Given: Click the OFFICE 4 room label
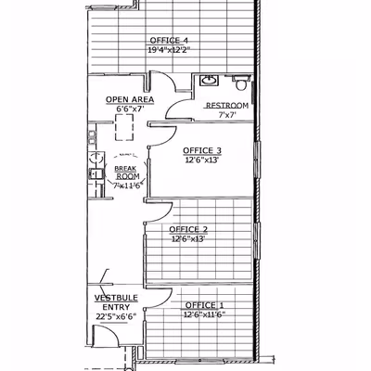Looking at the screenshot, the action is coord(169,41).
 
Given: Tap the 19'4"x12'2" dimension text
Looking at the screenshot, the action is coord(169,50).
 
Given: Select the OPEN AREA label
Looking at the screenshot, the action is coord(130,99).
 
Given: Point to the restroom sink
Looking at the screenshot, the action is coord(210,81).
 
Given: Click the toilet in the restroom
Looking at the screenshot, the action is coord(240,83).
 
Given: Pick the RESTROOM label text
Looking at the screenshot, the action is coord(227,106).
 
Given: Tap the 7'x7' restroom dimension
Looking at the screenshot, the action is coord(227,115).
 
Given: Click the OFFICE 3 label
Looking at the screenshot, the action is coord(202,150).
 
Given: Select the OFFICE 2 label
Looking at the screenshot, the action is coord(188,229).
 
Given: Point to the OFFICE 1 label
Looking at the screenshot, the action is coord(204,305).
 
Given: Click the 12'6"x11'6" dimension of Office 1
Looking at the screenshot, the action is coord(204,314).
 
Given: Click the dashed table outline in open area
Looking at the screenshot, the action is coord(124,127).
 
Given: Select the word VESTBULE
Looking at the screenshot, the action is coord(116,298).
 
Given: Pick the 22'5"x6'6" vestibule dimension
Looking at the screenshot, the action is coord(116,317).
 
